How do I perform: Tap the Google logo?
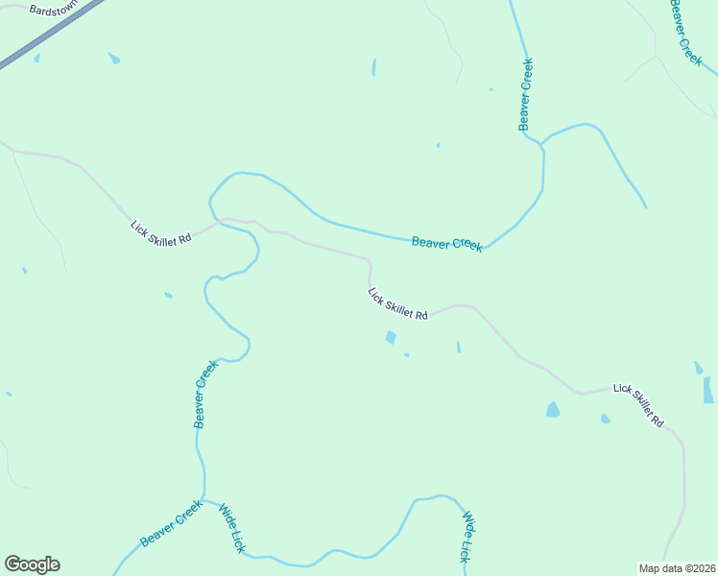(x=32, y=564)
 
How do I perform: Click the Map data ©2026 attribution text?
(x=677, y=567)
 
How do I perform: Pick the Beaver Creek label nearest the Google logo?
(x=171, y=523)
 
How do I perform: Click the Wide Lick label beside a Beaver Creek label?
(x=232, y=528)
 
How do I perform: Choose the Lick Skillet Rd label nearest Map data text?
(x=638, y=405)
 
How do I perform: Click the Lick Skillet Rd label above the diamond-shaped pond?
(x=397, y=303)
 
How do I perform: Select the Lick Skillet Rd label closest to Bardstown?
(x=161, y=233)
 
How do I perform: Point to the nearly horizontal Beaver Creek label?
(x=446, y=243)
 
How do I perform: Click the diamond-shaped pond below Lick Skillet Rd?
(x=391, y=337)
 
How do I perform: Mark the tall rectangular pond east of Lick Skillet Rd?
(x=707, y=389)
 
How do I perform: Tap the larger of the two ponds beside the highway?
(x=114, y=59)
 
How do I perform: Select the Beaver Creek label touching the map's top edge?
(x=686, y=31)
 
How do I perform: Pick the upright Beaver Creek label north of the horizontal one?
(x=525, y=94)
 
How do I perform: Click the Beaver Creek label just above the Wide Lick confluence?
(x=201, y=394)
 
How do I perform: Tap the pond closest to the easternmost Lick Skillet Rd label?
(x=605, y=419)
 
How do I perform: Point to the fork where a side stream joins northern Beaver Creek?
(x=541, y=145)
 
